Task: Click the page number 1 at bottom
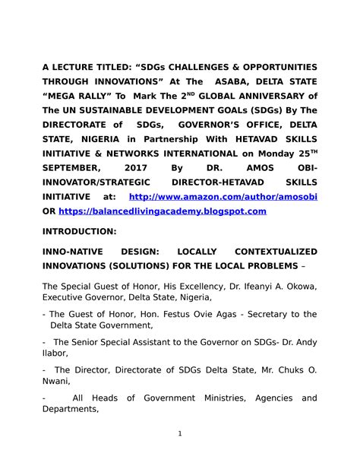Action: click(x=180, y=434)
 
